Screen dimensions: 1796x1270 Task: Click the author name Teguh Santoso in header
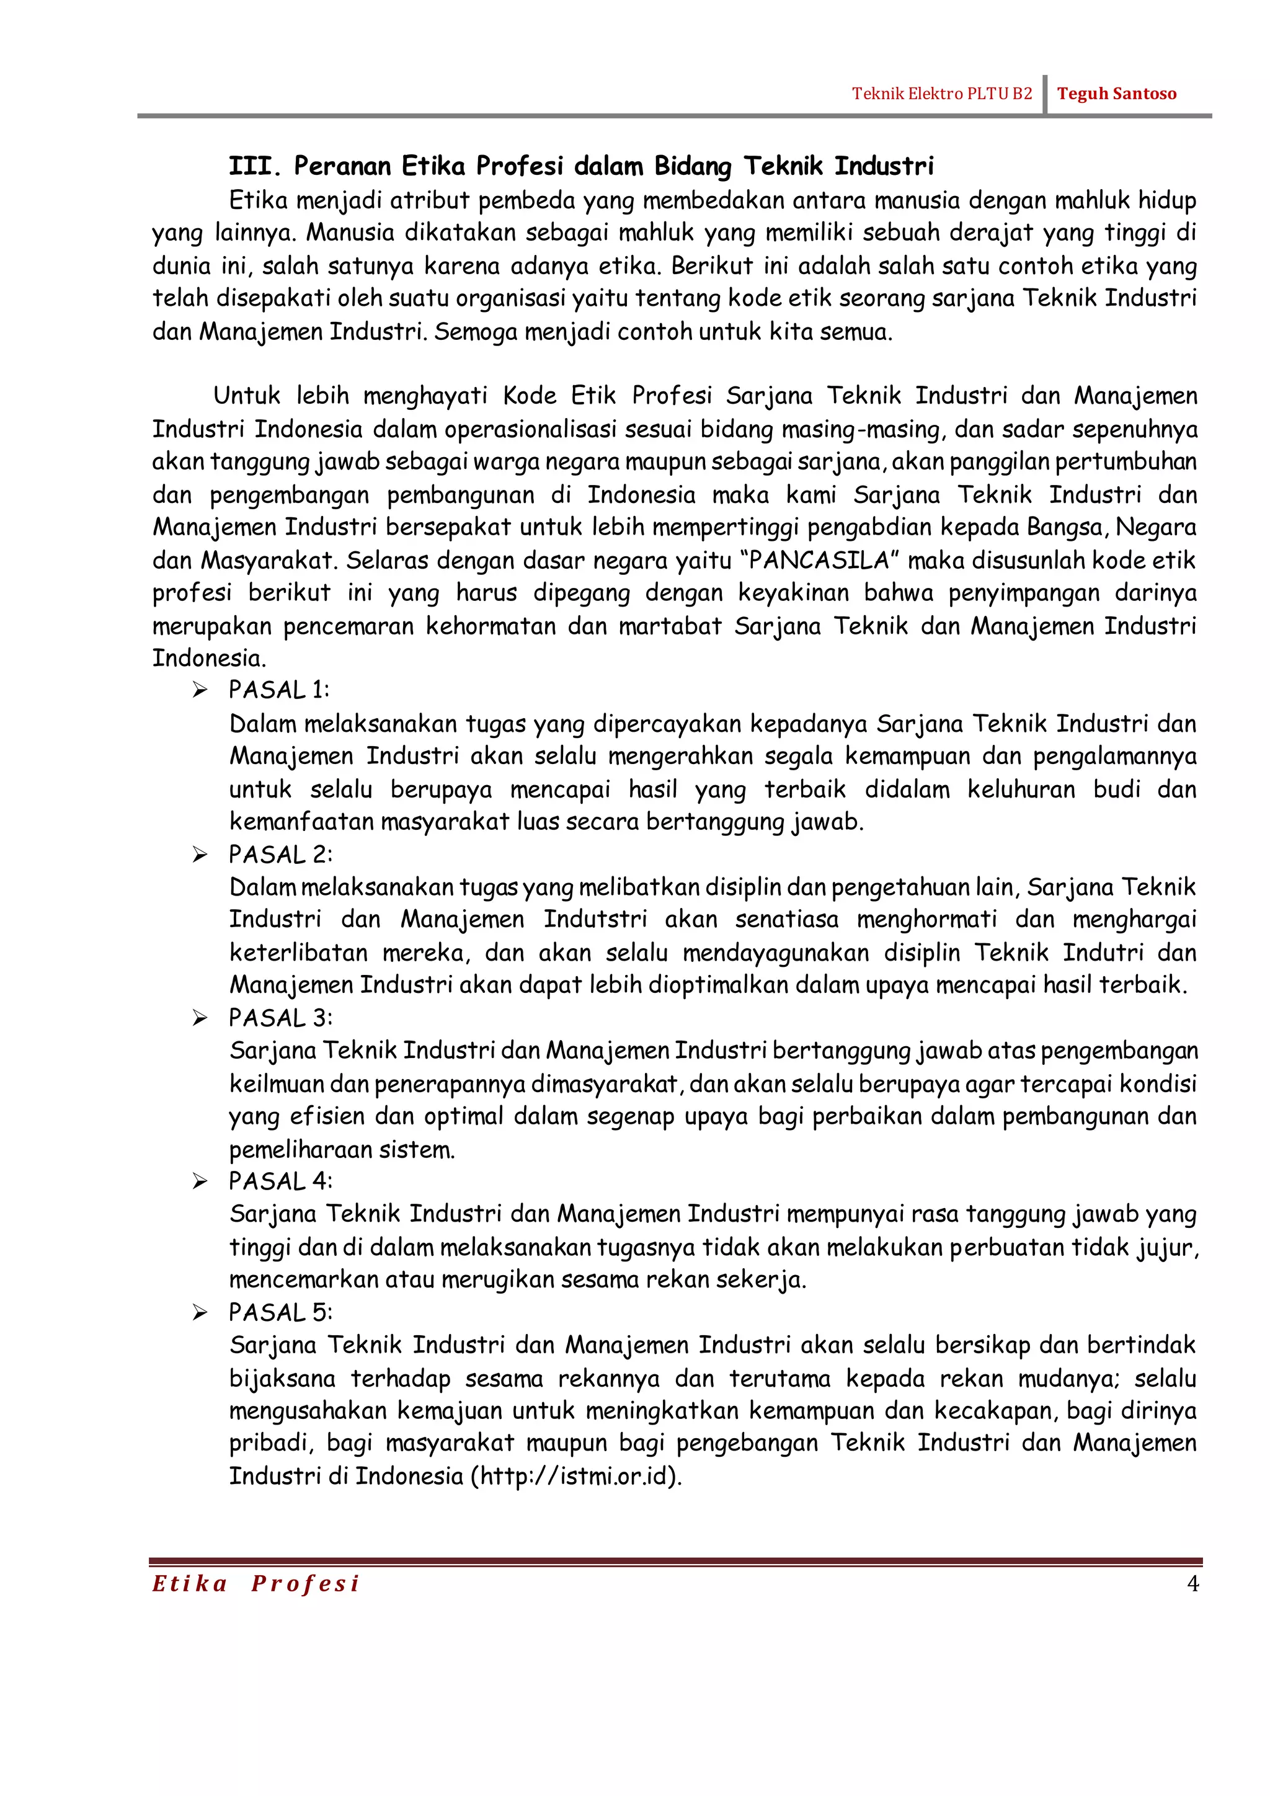pyautogui.click(x=1116, y=94)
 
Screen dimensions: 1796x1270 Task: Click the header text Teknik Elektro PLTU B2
pyautogui.click(x=941, y=94)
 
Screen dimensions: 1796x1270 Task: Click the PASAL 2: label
pyautogui.click(x=280, y=854)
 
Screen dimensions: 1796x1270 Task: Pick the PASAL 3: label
pyautogui.click(x=280, y=1018)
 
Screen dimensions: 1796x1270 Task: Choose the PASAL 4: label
pyautogui.click(x=280, y=1181)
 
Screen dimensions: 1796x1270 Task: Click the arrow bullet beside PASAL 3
pyautogui.click(x=200, y=1018)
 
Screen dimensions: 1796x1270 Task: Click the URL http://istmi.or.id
pyautogui.click(x=575, y=1476)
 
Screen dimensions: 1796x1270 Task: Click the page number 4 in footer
pyautogui.click(x=1192, y=1584)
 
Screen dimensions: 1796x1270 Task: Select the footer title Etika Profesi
pyautogui.click(x=255, y=1584)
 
